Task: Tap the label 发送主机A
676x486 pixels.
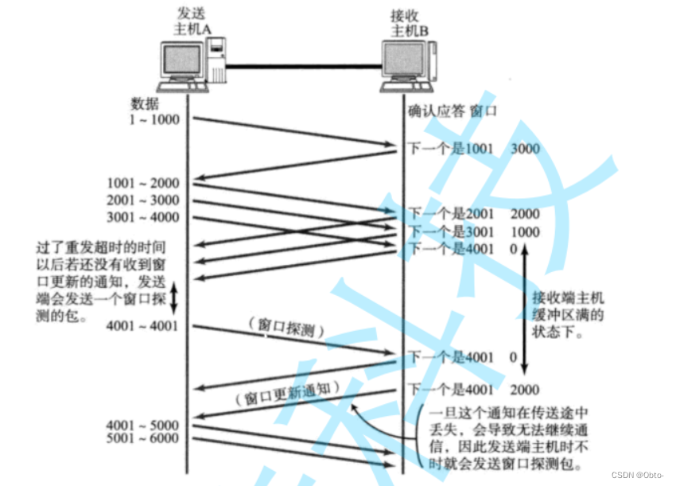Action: (192, 22)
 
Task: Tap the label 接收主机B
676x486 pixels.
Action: (410, 22)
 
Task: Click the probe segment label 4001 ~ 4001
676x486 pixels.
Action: (142, 326)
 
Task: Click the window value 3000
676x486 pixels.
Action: (525, 148)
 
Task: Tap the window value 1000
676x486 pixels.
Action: (525, 231)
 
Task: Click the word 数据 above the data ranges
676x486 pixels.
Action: (145, 103)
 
